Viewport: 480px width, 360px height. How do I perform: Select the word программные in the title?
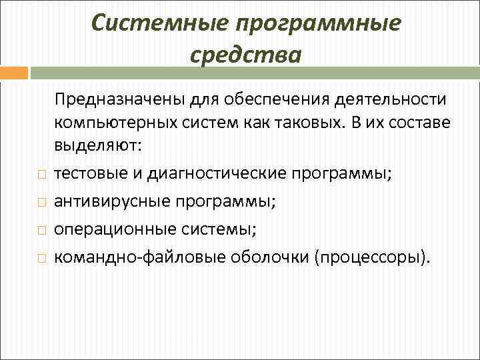[x=321, y=23]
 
